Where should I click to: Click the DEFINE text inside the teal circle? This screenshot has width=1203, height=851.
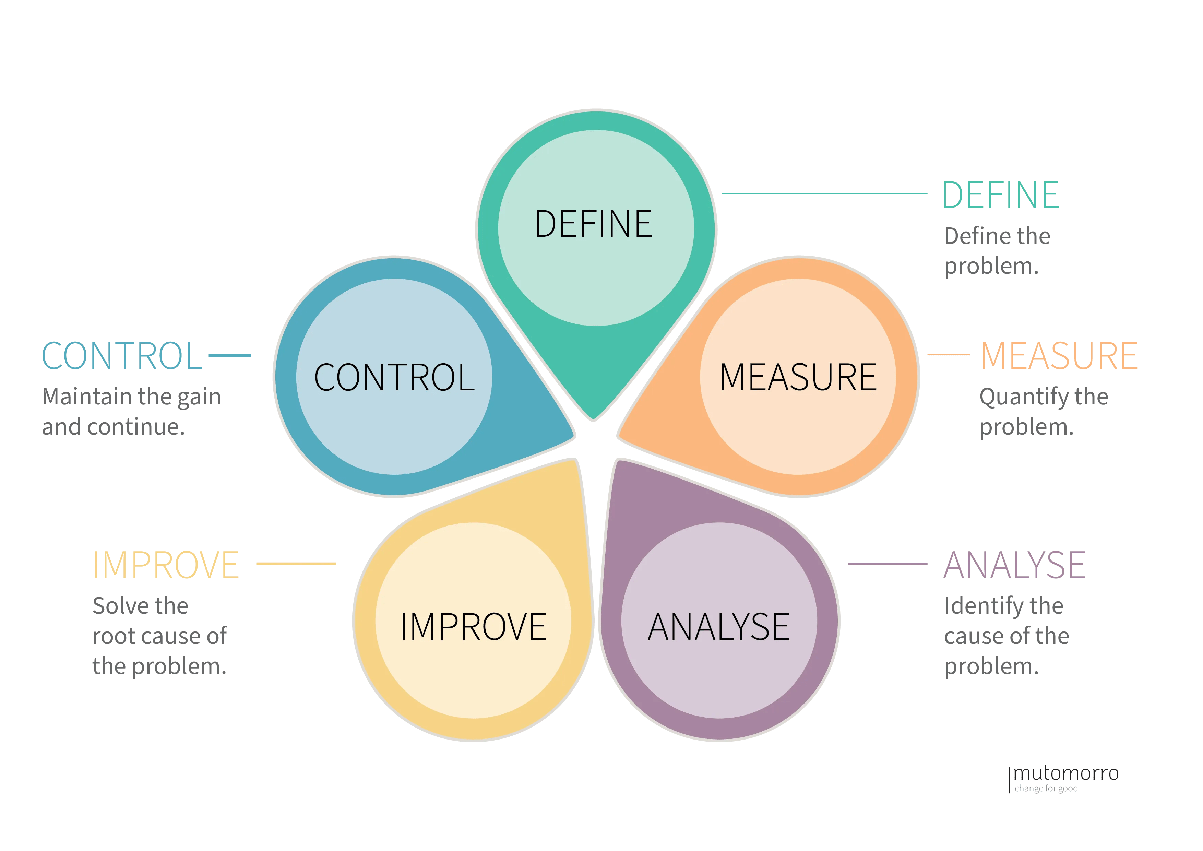[x=593, y=224]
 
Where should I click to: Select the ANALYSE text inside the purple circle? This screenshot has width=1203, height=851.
[x=718, y=627]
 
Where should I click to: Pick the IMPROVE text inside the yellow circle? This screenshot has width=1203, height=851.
[x=473, y=627]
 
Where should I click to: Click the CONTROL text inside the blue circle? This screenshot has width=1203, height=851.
[x=394, y=377]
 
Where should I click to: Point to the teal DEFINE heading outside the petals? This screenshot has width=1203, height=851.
[x=1000, y=195]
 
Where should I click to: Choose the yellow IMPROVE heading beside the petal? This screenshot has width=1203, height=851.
[x=166, y=565]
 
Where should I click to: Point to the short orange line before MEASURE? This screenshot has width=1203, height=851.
[x=948, y=355]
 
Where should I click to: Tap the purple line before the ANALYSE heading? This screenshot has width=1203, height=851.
[x=887, y=564]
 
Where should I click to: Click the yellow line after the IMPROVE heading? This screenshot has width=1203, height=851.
[x=296, y=564]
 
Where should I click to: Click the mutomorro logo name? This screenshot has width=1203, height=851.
[x=1066, y=773]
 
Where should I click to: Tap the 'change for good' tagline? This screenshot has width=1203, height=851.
[x=1046, y=789]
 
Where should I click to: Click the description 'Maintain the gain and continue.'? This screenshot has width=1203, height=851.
[x=131, y=412]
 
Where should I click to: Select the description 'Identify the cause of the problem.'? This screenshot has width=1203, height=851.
[x=1006, y=636]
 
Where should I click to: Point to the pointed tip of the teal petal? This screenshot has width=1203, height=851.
[x=593, y=418]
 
